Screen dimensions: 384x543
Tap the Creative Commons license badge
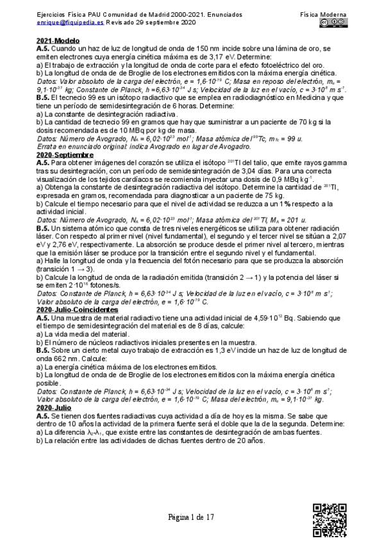click(x=334, y=22)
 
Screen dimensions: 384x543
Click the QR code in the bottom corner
click(x=330, y=520)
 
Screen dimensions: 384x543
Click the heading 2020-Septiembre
click(x=65, y=156)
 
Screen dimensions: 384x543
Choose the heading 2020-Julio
click(x=54, y=408)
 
